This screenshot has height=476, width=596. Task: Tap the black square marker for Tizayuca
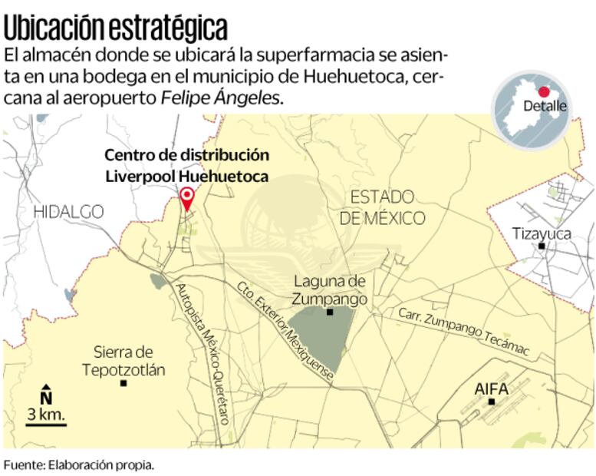[x=542, y=246]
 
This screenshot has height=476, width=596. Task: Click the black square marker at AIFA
[x=492, y=402]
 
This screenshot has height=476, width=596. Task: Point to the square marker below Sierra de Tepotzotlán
[x=123, y=382]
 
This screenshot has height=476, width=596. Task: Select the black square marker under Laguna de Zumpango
[x=330, y=312]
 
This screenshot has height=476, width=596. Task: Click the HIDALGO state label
[x=68, y=211]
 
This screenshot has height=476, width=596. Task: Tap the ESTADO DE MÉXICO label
[x=382, y=207]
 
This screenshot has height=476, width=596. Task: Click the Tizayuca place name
[x=542, y=233]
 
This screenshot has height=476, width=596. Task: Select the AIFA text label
[x=491, y=388]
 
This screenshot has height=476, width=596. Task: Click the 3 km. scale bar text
[x=46, y=415]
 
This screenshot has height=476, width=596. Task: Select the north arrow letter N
[x=46, y=398]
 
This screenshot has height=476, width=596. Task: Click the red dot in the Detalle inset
[x=544, y=91]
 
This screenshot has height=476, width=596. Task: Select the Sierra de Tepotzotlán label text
[x=123, y=361]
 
